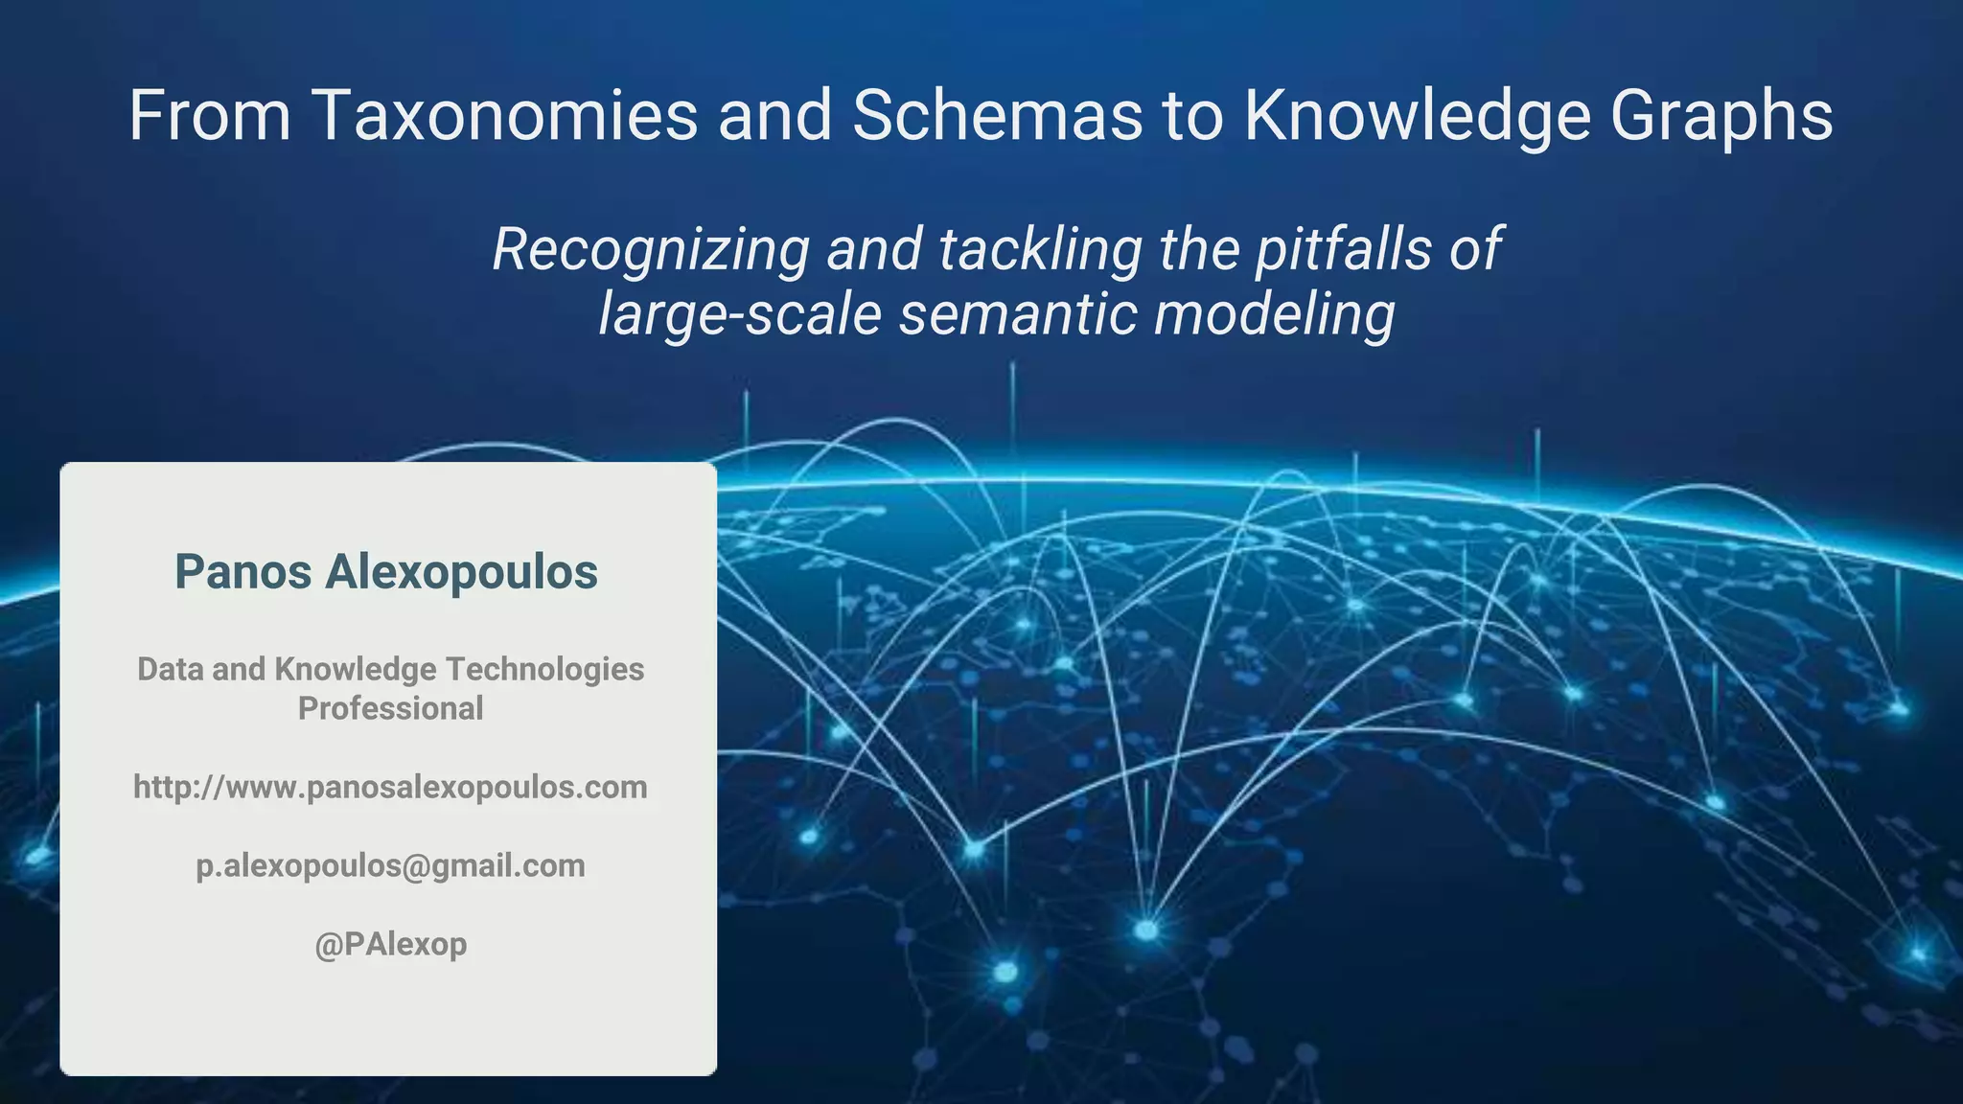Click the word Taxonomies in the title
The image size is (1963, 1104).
(x=505, y=116)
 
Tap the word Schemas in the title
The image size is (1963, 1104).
(x=997, y=116)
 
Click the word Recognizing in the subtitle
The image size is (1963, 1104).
(x=652, y=250)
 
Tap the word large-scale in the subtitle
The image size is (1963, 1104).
(x=740, y=314)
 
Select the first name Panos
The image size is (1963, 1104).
(x=243, y=572)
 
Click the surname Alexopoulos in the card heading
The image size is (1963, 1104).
(x=461, y=572)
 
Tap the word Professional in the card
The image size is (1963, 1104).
(x=390, y=709)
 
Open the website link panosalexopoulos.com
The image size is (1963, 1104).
(x=390, y=788)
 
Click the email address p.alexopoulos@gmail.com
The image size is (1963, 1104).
(x=390, y=866)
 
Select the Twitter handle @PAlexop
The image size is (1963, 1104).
(x=390, y=945)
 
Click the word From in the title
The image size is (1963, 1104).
(x=210, y=116)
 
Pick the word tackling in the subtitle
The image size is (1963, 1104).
(x=1040, y=250)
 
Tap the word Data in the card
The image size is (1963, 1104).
(x=170, y=669)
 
